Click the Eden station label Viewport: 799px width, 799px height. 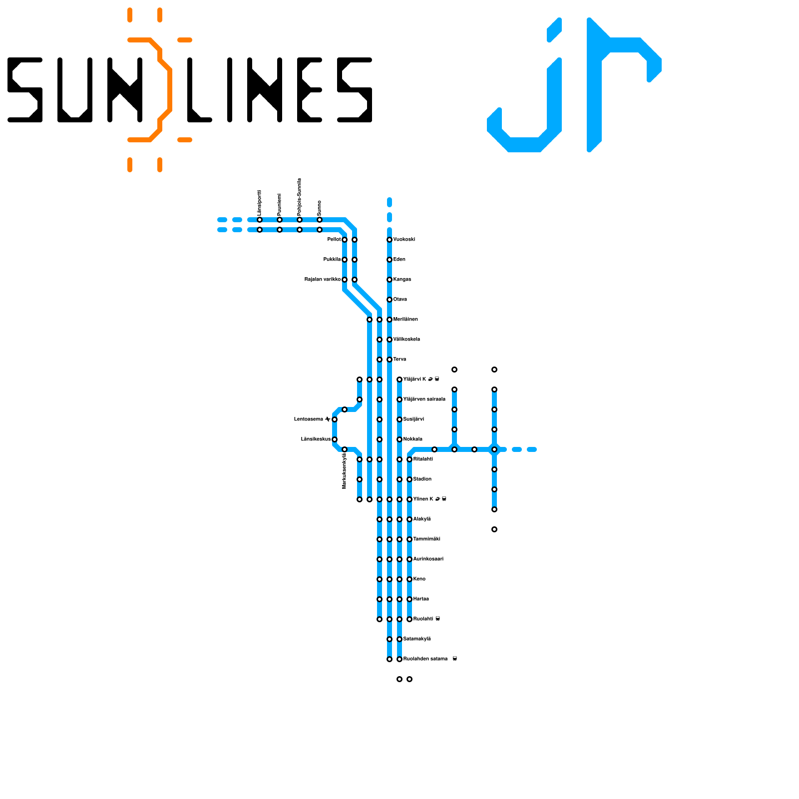(399, 260)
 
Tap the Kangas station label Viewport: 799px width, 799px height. (402, 280)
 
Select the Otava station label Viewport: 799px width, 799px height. (400, 300)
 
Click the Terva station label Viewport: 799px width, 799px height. (399, 360)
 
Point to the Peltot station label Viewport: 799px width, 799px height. (334, 240)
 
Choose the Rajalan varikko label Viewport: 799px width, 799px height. (322, 280)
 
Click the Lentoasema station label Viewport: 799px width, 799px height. (309, 419)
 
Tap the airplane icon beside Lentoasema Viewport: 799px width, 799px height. (327, 419)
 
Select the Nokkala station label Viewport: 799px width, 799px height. (413, 439)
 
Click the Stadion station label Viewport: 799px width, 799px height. (422, 479)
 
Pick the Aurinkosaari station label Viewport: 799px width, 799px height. (428, 559)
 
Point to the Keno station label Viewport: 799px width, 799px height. (419, 579)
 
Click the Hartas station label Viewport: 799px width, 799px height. (421, 599)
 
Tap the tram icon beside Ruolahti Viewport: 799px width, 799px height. (438, 619)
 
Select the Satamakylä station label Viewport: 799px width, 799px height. (417, 639)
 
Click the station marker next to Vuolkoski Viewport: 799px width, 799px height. (390, 240)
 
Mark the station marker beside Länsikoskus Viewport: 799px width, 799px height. (335, 439)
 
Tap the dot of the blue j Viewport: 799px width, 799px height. (554, 30)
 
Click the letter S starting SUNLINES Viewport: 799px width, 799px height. (25, 90)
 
